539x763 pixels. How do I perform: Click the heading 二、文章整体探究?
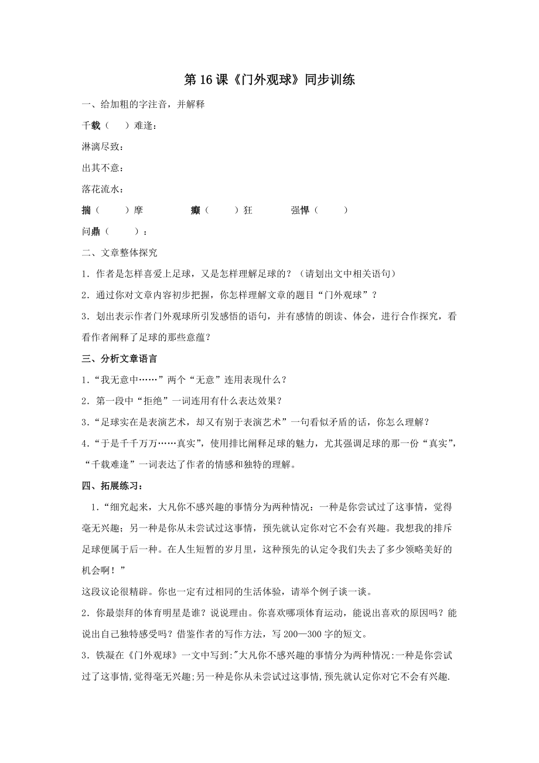point(120,253)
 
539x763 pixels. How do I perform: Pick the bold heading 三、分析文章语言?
point(120,358)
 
